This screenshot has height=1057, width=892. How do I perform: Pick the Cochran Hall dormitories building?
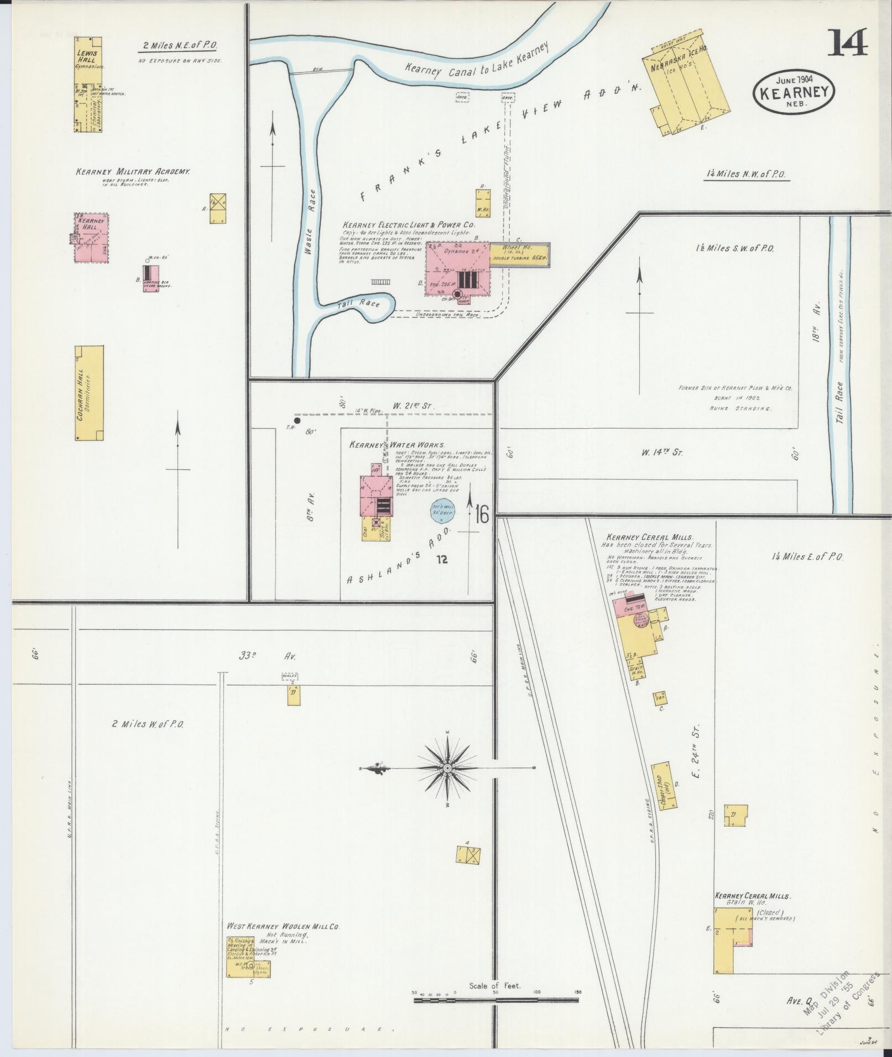click(89, 393)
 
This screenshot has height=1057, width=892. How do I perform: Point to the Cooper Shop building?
click(664, 786)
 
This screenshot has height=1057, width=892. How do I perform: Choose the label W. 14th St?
click(662, 453)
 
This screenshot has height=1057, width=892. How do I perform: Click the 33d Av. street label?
click(268, 656)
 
